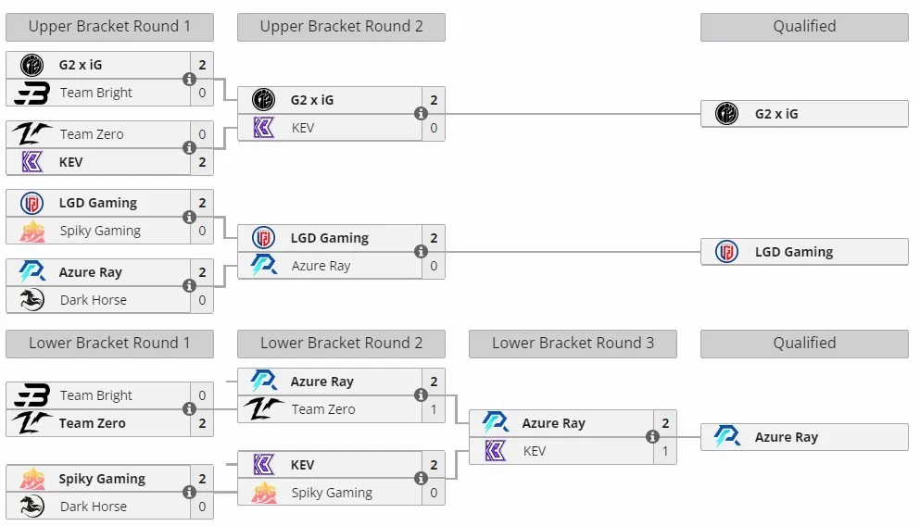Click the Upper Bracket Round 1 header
click(109, 27)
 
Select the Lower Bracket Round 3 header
click(573, 344)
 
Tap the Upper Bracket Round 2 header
click(341, 27)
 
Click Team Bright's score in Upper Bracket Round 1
click(202, 93)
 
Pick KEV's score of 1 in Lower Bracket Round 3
click(665, 451)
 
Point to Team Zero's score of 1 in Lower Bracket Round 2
click(434, 409)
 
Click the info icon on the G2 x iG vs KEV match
click(421, 114)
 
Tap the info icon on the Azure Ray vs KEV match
click(652, 437)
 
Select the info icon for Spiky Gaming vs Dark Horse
click(189, 492)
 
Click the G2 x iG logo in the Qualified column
click(726, 114)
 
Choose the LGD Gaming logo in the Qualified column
click(726, 252)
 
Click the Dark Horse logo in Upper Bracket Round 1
click(32, 300)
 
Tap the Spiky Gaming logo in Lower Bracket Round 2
click(263, 493)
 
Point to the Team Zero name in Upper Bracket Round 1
click(92, 134)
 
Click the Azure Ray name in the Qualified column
click(787, 437)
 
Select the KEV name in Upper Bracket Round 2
click(303, 128)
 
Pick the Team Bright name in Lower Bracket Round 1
click(96, 395)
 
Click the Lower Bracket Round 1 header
click(109, 344)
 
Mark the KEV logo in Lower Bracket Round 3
click(495, 451)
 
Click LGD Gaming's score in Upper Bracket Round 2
click(434, 238)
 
